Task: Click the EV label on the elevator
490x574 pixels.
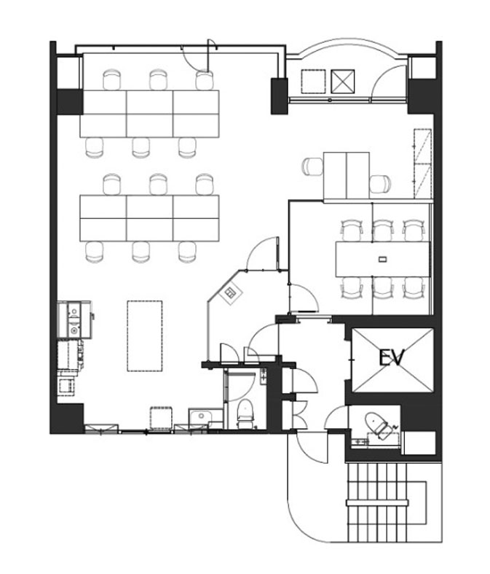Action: [392, 357]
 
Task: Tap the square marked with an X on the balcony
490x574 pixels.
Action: [343, 81]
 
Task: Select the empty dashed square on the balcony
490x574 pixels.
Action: [313, 81]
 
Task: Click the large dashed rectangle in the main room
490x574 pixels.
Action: [145, 336]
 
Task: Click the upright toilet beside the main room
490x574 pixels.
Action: [245, 413]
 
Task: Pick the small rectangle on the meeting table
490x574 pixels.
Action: [382, 260]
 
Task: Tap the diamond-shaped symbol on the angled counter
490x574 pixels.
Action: [231, 293]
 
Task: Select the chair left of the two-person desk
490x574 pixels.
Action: [312, 166]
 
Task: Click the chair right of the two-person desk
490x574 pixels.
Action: [380, 184]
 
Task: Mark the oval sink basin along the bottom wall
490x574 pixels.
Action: [200, 416]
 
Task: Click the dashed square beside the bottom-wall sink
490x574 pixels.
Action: [161, 418]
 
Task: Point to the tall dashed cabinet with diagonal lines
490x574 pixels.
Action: [423, 163]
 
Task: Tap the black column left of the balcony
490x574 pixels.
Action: [279, 96]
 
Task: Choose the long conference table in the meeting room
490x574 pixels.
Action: [382, 259]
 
